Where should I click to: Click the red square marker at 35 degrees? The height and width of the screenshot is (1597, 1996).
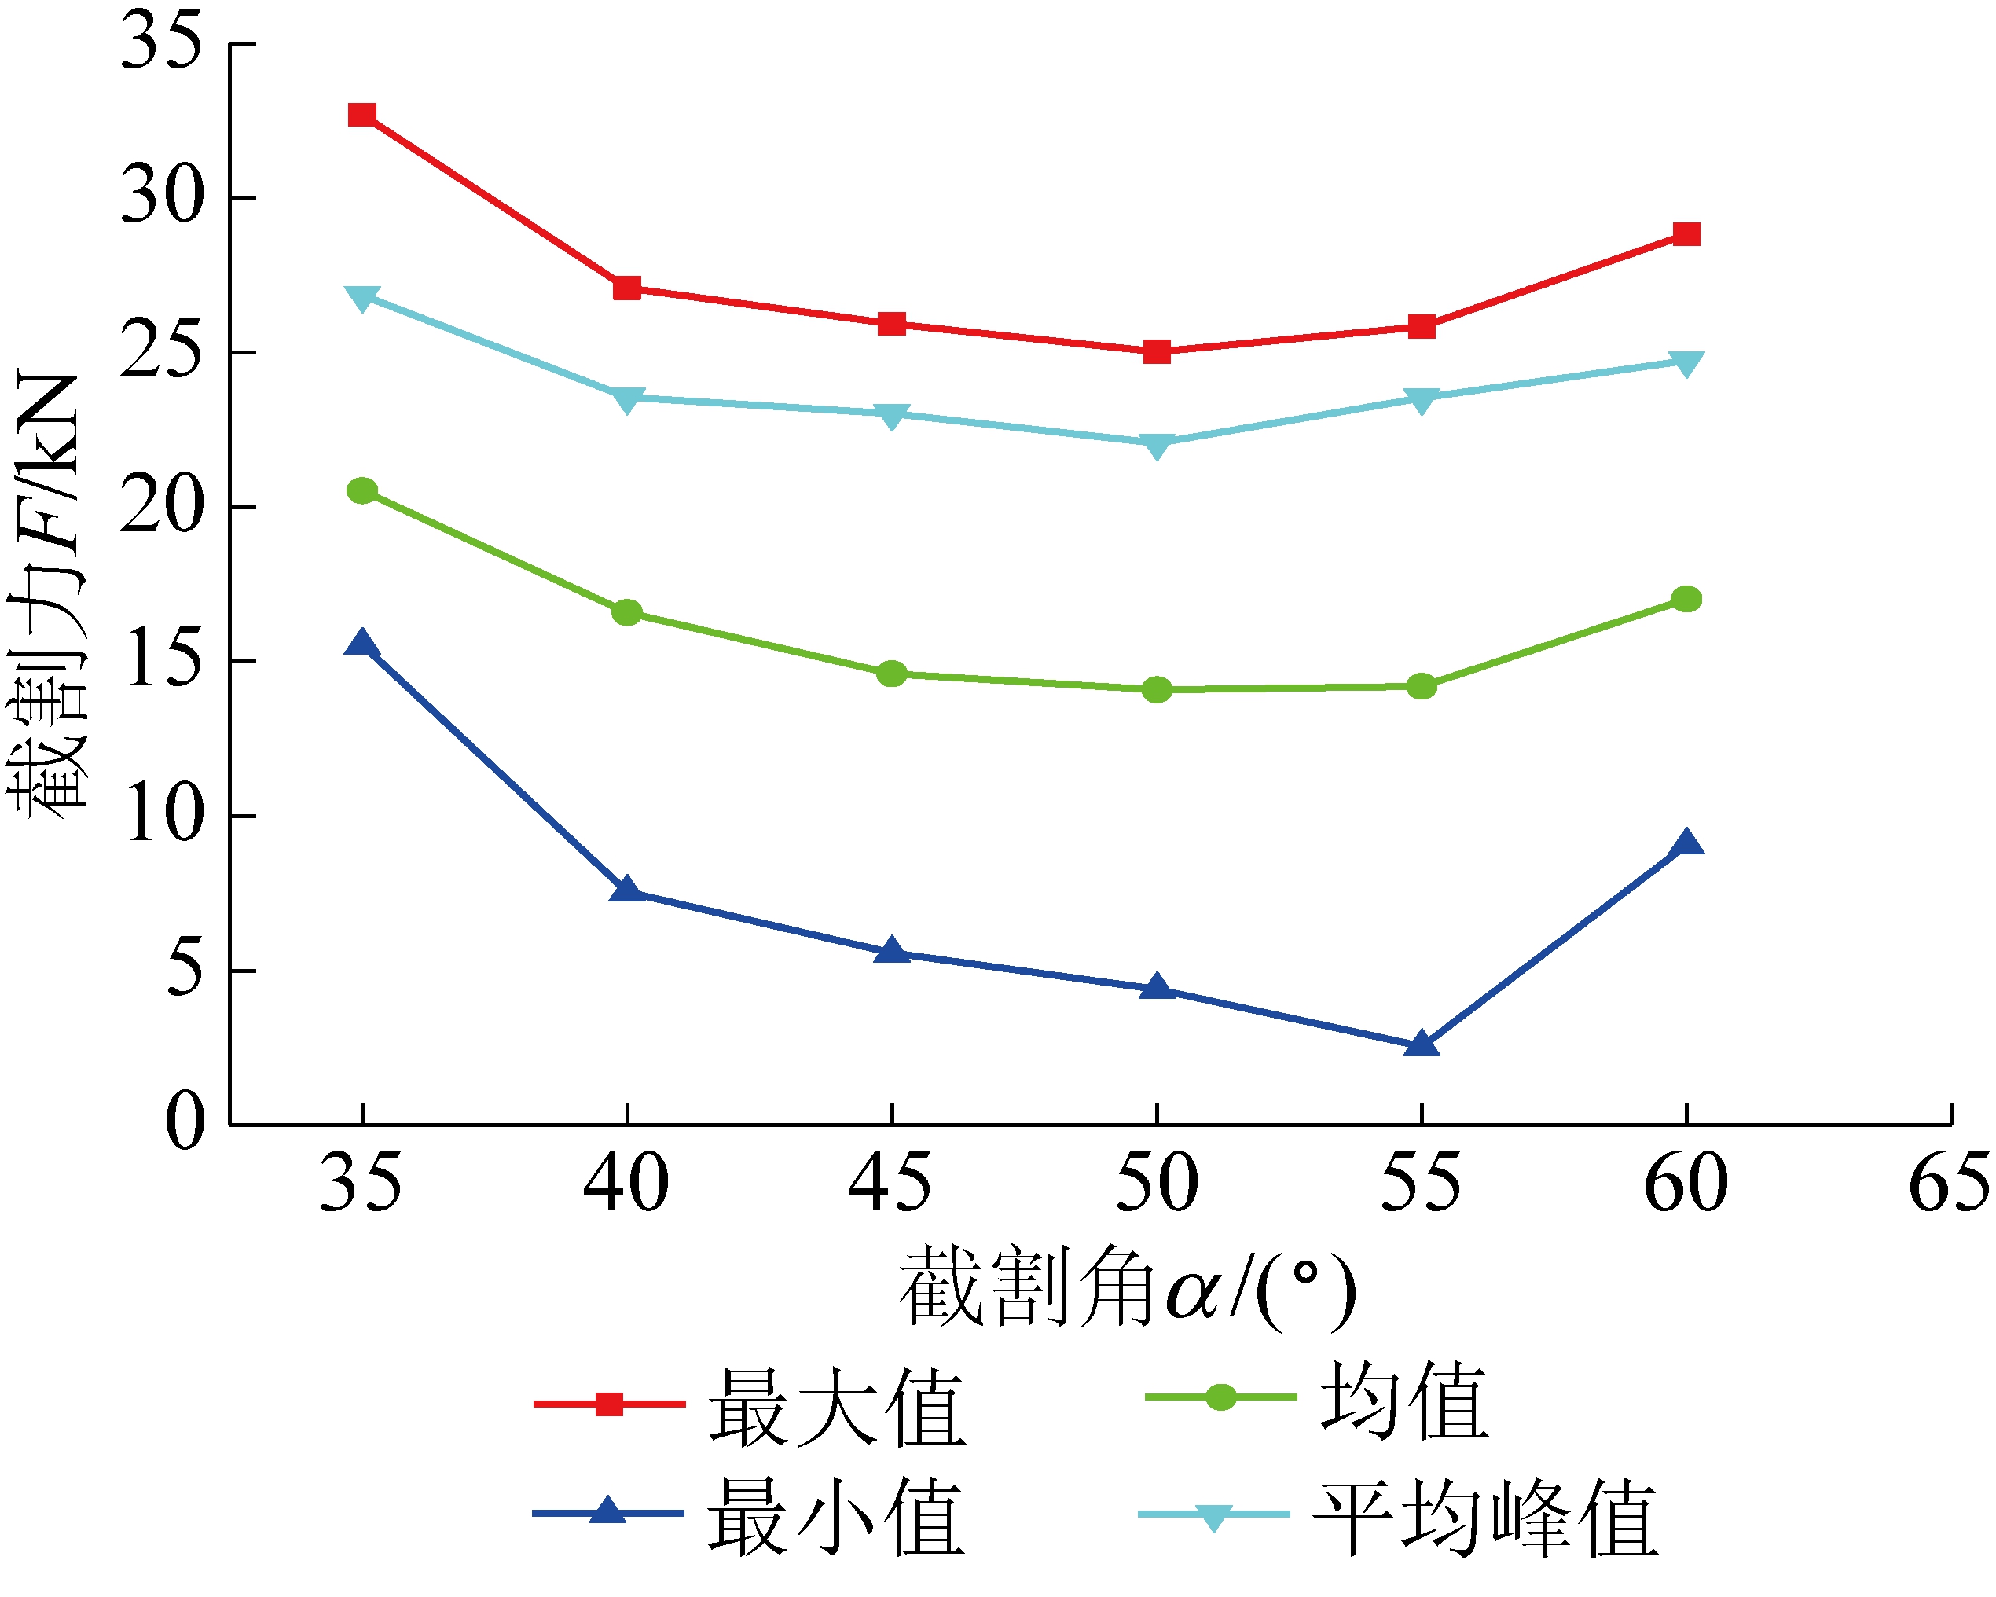(362, 115)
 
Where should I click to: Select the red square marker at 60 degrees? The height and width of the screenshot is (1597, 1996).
(1686, 234)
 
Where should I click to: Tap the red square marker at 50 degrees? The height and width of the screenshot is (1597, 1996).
(1156, 352)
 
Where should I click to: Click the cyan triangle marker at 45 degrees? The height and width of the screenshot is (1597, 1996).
(892, 416)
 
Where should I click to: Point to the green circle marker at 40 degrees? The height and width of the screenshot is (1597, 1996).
(627, 612)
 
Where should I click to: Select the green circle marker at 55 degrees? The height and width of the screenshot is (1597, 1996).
(1421, 686)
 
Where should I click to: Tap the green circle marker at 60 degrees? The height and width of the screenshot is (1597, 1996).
(1686, 599)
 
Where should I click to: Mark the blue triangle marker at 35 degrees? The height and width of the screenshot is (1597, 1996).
(362, 644)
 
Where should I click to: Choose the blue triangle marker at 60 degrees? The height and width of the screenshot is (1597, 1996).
(1686, 843)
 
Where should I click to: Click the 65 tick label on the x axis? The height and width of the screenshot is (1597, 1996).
(1949, 1183)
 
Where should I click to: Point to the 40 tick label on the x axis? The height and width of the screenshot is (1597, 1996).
(627, 1183)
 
